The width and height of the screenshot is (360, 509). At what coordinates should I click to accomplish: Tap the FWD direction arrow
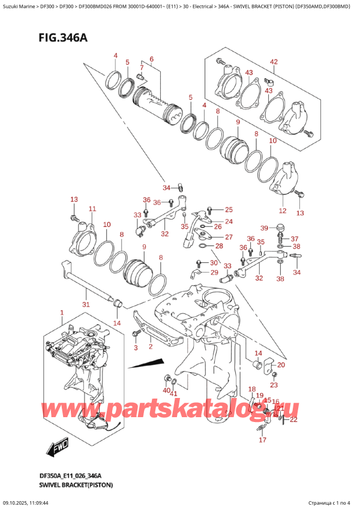(58, 447)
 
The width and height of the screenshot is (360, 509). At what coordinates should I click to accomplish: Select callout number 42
(274, 62)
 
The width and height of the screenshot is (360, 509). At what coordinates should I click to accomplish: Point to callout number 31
(86, 304)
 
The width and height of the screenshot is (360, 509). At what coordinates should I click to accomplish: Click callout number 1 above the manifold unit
(61, 313)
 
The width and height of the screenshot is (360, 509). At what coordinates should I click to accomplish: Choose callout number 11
(92, 209)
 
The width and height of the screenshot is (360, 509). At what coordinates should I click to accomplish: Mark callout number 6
(152, 59)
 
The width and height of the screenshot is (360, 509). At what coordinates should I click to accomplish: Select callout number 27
(228, 237)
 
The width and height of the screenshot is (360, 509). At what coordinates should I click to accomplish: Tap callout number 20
(281, 365)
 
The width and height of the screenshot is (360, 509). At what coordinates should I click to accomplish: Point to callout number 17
(262, 440)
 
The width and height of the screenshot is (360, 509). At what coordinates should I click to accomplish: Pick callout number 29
(214, 273)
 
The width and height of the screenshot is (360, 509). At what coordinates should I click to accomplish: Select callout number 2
(150, 346)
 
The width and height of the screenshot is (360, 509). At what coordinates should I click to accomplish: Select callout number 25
(228, 209)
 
